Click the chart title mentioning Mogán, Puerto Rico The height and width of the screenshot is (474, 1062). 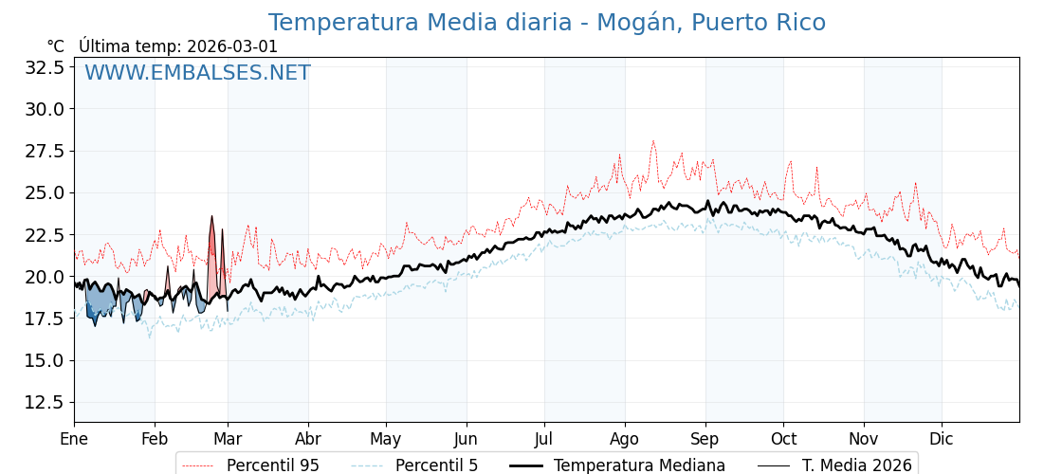(546, 23)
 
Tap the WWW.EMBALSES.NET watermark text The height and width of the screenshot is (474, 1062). (197, 73)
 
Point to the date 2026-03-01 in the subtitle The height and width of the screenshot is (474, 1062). (232, 46)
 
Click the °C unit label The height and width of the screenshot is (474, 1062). (56, 46)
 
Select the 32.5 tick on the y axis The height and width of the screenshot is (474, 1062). (46, 67)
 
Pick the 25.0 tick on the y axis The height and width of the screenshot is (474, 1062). (46, 192)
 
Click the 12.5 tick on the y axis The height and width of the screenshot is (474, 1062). (46, 402)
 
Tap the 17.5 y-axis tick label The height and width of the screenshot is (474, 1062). (46, 319)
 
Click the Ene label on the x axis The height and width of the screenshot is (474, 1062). (74, 439)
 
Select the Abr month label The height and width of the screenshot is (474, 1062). (308, 439)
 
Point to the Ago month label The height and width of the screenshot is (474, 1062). (625, 439)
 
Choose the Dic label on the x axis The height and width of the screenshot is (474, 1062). (942, 439)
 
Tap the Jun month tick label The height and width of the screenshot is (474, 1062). (466, 439)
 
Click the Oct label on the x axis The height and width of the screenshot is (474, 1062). (783, 439)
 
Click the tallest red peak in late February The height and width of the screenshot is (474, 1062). (212, 217)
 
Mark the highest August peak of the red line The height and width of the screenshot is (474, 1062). (652, 141)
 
